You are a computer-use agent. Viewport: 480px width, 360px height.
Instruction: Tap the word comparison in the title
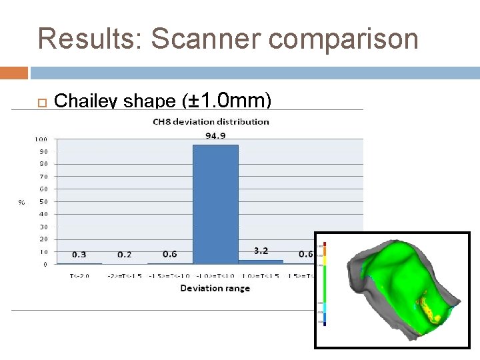tap(343, 39)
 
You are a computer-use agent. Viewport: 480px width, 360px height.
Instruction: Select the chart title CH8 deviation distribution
tap(211, 122)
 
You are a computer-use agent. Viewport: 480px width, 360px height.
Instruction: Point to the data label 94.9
tap(215, 136)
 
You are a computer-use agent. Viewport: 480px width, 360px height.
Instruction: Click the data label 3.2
tap(261, 251)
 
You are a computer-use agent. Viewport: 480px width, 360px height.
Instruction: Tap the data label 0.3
tap(79, 254)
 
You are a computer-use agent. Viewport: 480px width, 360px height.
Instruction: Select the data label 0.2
tap(124, 254)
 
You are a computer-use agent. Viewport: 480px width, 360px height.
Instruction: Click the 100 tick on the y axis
tap(41, 139)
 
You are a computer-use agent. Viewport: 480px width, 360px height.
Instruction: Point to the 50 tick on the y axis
tap(43, 202)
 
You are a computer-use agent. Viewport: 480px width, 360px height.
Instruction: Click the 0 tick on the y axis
tap(45, 264)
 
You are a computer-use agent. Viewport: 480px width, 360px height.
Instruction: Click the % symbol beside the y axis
tap(21, 202)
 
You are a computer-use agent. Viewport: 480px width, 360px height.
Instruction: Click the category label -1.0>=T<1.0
tap(215, 276)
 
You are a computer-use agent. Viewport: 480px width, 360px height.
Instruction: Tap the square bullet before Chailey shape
tap(39, 102)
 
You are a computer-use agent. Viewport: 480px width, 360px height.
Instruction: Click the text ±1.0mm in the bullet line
tap(227, 101)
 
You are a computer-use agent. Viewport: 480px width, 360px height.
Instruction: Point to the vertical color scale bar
tap(321, 283)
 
